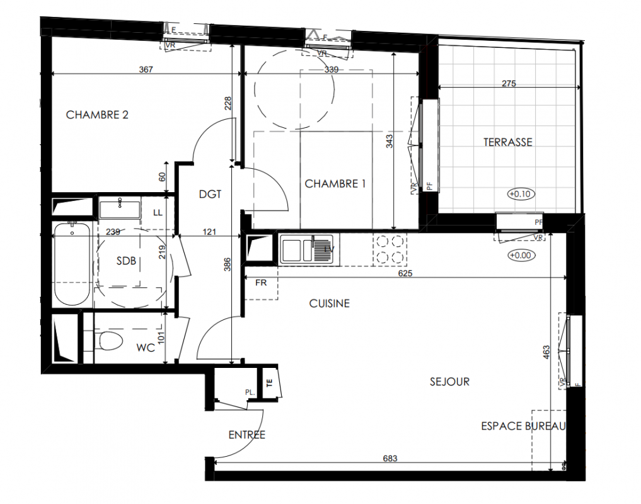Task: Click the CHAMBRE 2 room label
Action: (97, 115)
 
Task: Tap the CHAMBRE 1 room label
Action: (335, 184)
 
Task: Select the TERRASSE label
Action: (508, 142)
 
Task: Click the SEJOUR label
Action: (449, 382)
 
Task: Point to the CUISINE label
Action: (330, 303)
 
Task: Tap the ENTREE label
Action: (247, 435)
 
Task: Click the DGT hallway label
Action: (210, 194)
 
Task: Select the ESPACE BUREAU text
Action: (523, 427)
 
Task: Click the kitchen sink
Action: (309, 249)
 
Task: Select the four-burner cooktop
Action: (390, 249)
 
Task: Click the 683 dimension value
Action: (390, 458)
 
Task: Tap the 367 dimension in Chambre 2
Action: (146, 69)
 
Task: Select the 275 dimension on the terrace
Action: (509, 83)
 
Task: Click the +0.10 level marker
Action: (521, 194)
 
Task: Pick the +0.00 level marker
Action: (522, 256)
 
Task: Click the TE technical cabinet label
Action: (269, 383)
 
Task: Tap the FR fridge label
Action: (261, 282)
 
